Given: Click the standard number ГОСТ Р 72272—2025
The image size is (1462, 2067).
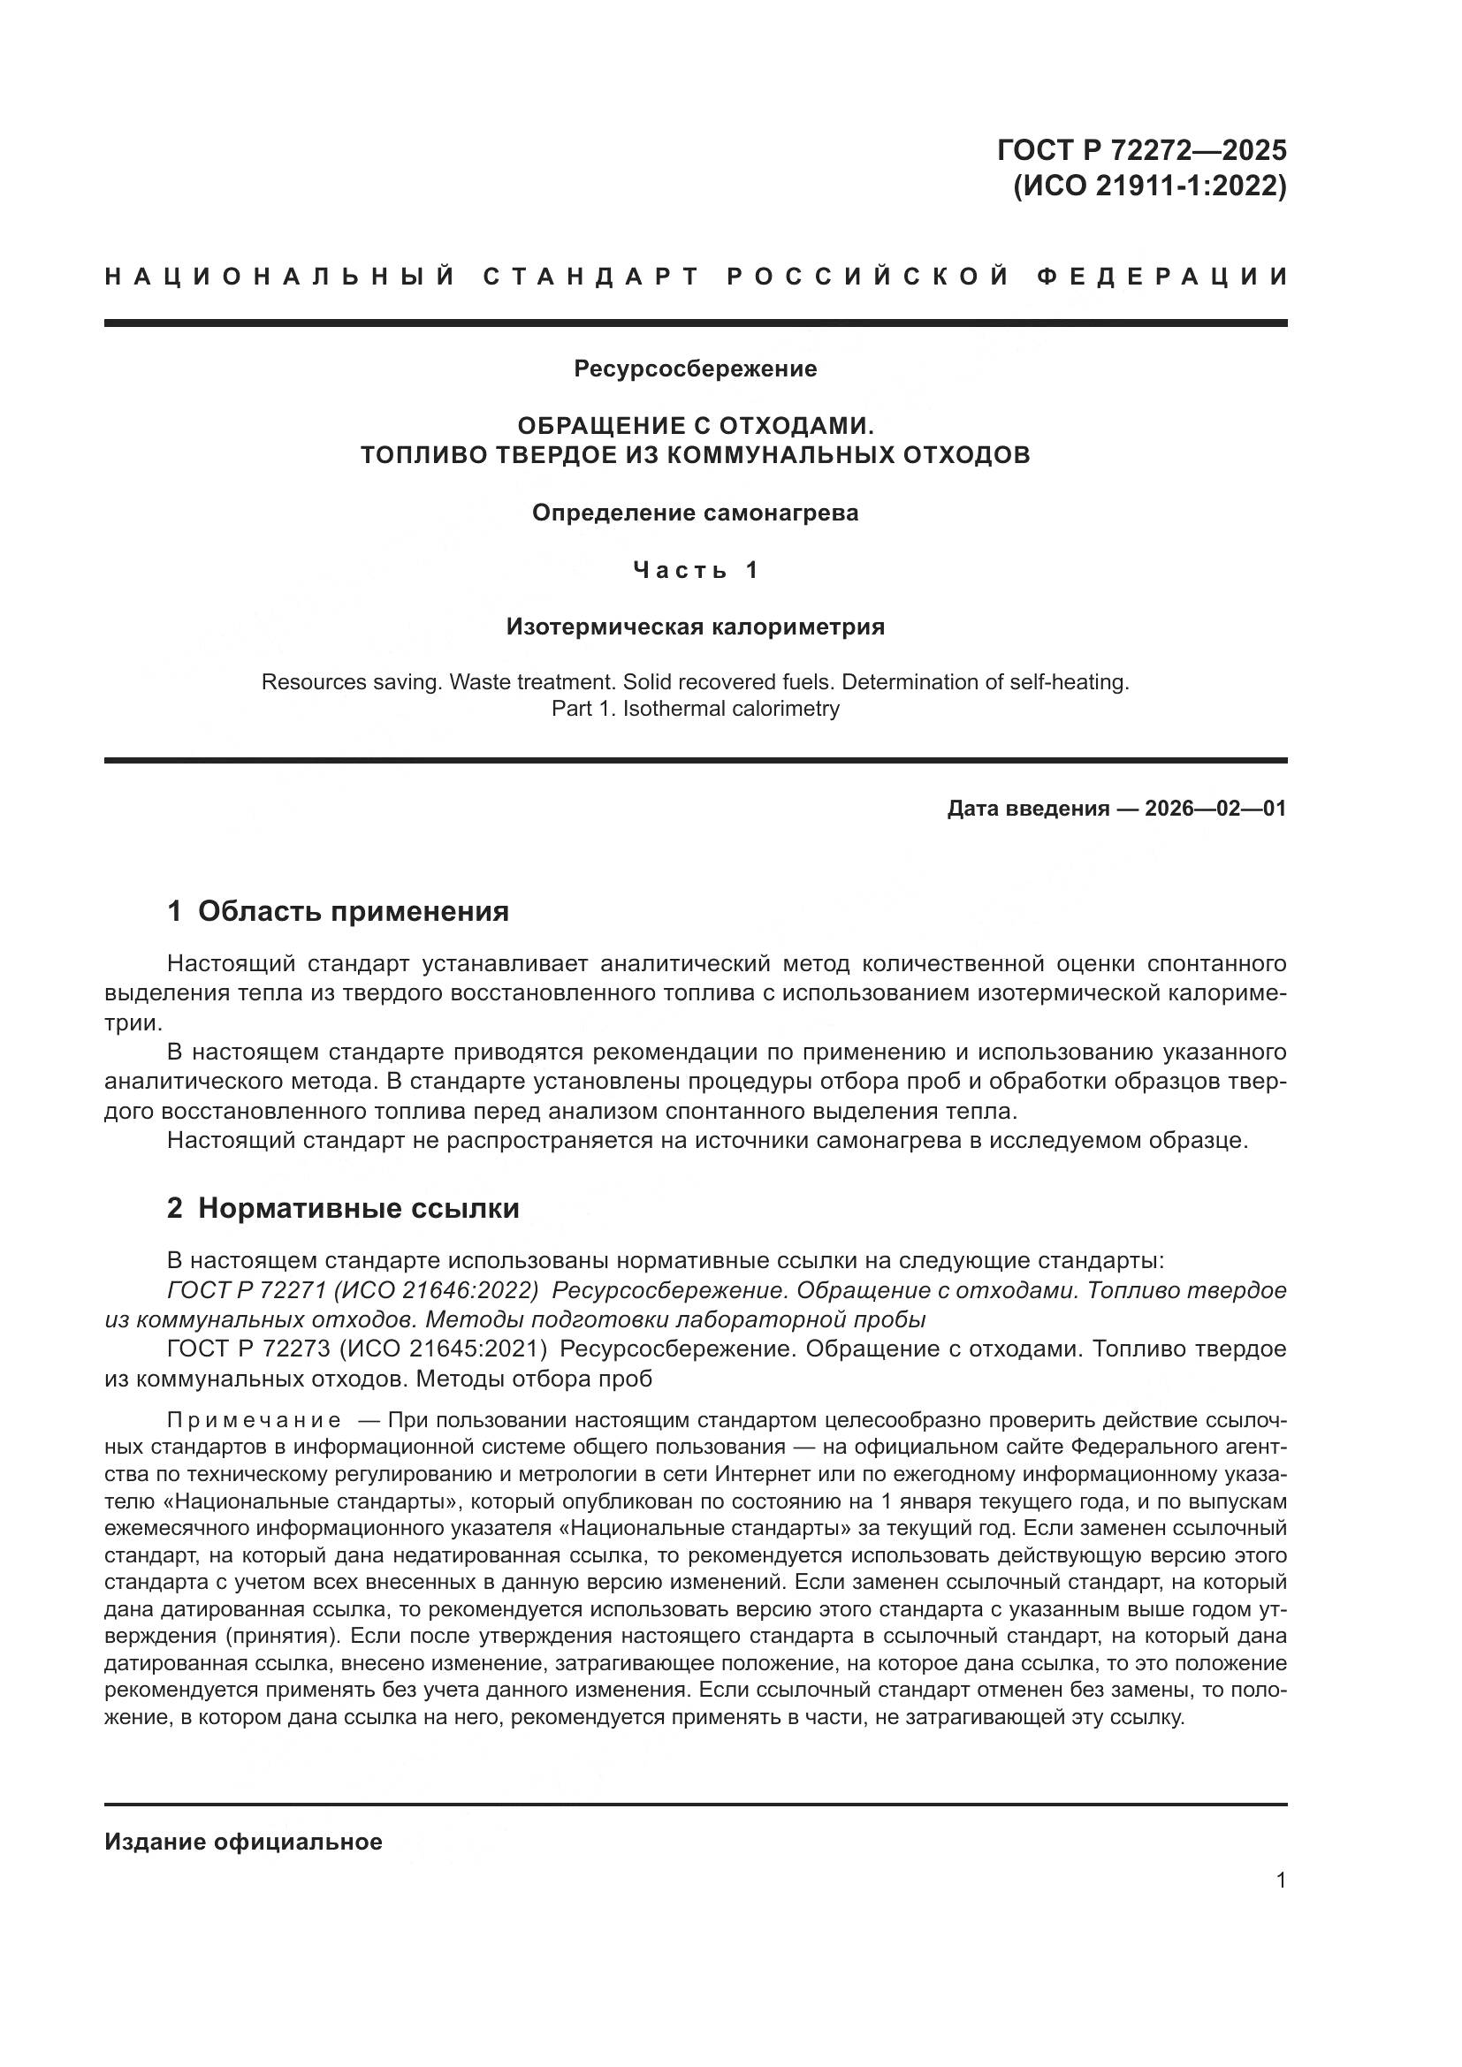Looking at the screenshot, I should pos(1140,149).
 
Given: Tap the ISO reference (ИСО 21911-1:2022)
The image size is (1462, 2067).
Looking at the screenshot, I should pos(1150,186).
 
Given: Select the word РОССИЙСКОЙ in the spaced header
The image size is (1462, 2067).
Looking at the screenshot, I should pos(868,277).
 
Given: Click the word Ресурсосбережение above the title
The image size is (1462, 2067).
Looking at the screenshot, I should pos(695,369).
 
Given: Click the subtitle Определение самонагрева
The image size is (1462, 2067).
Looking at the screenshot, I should pos(695,513).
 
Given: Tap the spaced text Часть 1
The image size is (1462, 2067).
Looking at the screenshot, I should pos(695,570).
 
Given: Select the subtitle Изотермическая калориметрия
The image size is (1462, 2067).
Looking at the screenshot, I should pos(695,627).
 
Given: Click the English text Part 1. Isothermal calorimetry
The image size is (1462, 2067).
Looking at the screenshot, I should pos(695,709).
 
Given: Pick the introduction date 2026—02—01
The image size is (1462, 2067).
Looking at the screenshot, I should pos(1215,809).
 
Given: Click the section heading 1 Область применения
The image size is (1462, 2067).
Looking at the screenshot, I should pos(338,911).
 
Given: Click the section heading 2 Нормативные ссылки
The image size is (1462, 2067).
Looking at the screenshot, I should pos(343,1208).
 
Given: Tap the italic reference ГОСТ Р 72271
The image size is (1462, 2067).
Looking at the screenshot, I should pos(246,1291).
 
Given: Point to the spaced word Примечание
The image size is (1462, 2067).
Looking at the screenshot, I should pos(254,1421).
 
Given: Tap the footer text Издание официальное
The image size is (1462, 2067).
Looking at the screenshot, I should pos(243,1842).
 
